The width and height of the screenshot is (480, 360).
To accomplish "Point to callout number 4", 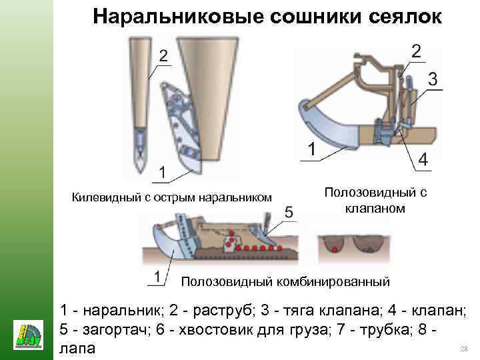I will (x=423, y=159).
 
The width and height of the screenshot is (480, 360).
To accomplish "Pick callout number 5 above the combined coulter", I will (x=289, y=212).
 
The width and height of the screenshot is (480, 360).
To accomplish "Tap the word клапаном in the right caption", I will (x=375, y=209).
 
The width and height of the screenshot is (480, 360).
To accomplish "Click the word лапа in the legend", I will (x=77, y=348).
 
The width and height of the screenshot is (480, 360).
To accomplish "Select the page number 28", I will (x=465, y=349).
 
